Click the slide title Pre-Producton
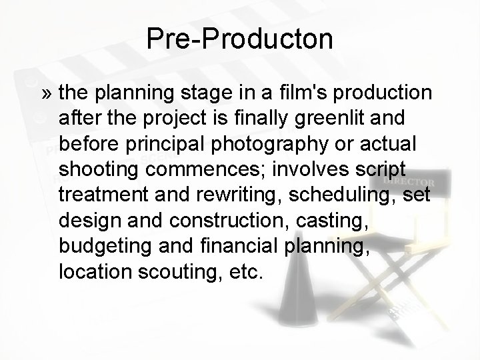pyautogui.click(x=240, y=39)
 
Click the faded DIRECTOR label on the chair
pyautogui.click(x=409, y=182)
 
